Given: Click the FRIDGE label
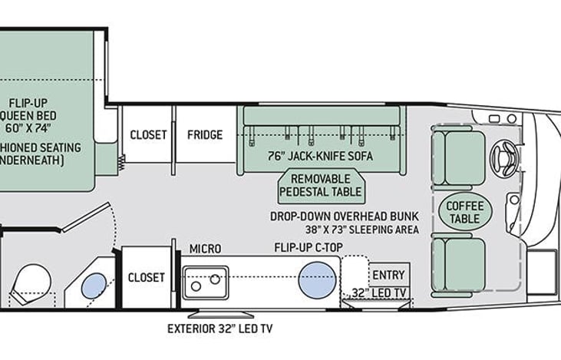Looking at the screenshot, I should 205,134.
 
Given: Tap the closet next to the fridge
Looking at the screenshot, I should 147,134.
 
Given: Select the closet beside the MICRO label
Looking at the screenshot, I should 146,276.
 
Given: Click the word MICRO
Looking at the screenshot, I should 206,249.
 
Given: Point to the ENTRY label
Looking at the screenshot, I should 388,275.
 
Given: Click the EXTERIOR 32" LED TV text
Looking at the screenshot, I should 220,329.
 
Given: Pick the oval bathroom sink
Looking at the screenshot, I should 94,286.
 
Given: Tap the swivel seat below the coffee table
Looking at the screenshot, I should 458,265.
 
